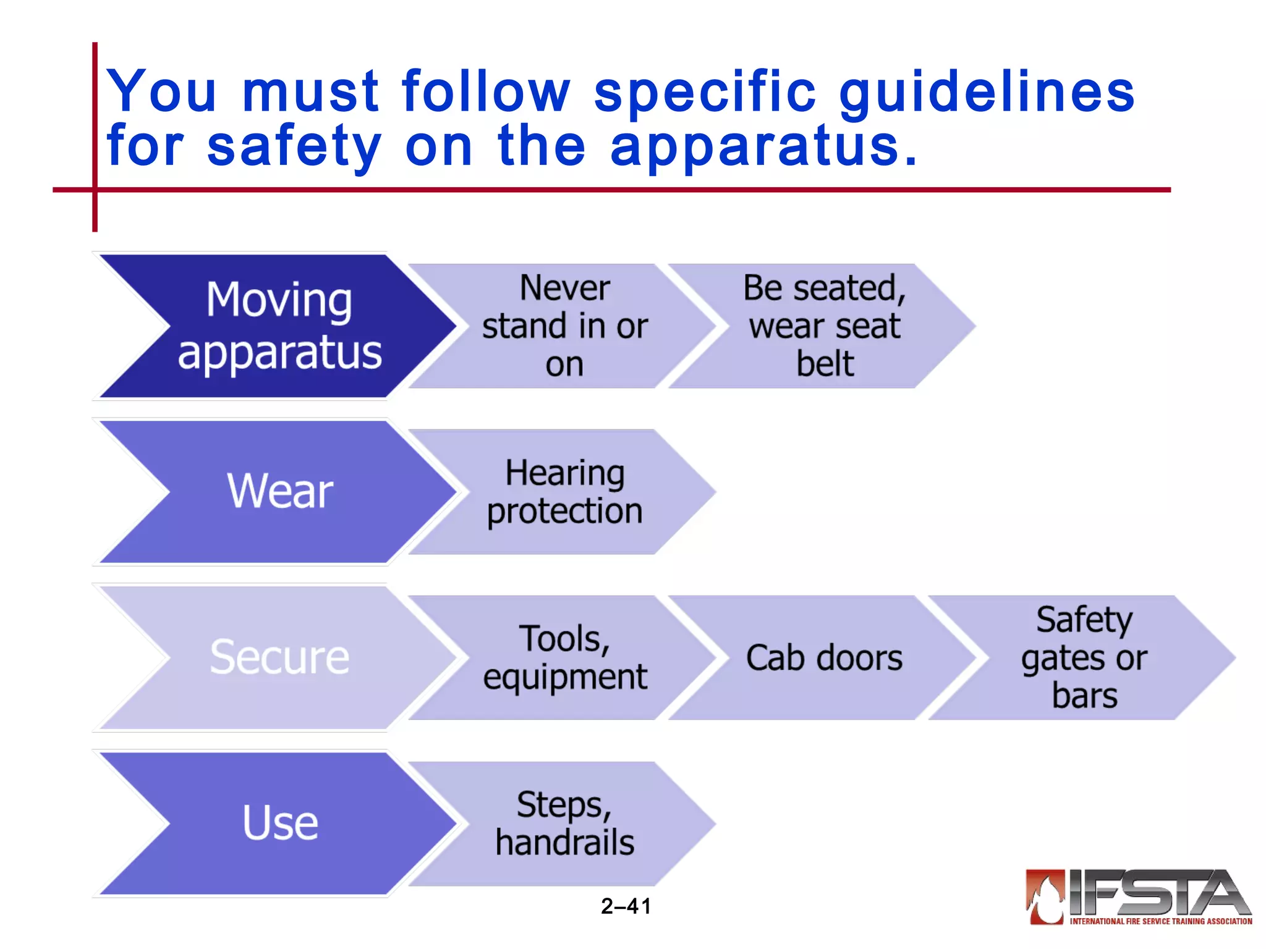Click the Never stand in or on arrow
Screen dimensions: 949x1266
(564, 326)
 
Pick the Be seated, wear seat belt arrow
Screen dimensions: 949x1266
(824, 326)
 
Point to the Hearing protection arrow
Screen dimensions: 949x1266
(564, 492)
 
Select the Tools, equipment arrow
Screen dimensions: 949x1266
(564, 657)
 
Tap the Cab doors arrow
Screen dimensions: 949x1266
(824, 657)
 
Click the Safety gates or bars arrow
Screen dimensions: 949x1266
(1084, 657)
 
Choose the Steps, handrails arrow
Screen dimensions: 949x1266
(564, 823)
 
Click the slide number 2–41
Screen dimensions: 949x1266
(626, 906)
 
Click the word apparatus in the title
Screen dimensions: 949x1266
(763, 146)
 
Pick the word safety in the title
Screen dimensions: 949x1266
(294, 146)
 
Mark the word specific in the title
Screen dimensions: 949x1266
(705, 93)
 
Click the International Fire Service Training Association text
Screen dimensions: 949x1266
(1160, 921)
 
